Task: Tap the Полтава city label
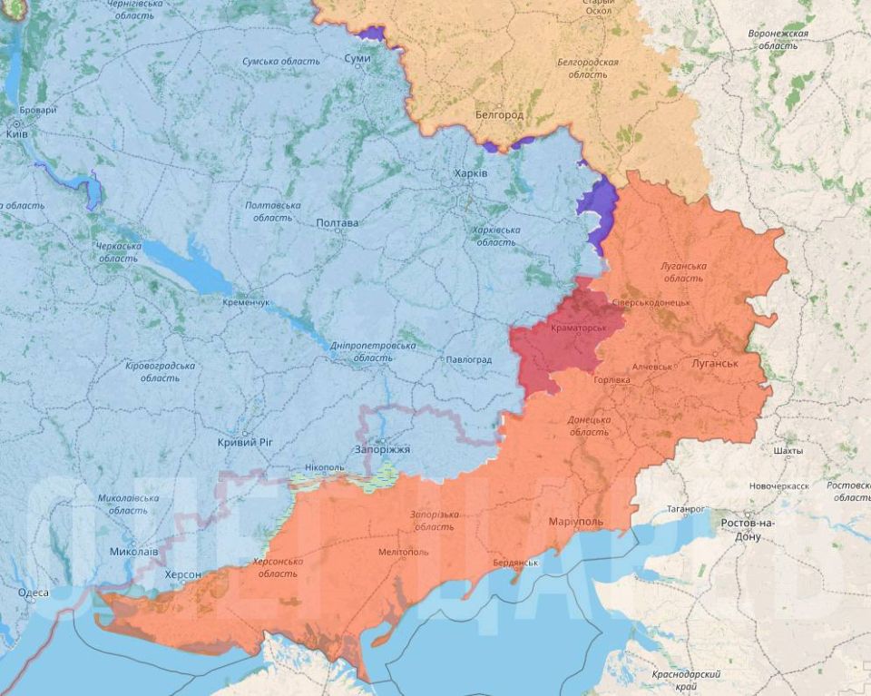tap(337, 223)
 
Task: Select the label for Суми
tap(357, 58)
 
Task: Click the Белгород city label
tap(499, 115)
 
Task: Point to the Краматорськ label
tap(579, 327)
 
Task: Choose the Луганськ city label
tap(714, 363)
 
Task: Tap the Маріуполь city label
tap(575, 523)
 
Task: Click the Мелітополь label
tap(403, 553)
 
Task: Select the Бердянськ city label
tap(515, 563)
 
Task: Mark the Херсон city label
tap(183, 575)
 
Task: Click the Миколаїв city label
tap(133, 552)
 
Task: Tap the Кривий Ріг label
tap(245, 442)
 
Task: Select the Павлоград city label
tap(467, 360)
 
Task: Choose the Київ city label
tap(16, 133)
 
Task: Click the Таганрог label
tap(685, 510)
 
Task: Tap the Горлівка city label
tap(612, 379)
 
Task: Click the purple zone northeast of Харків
tap(598, 207)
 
